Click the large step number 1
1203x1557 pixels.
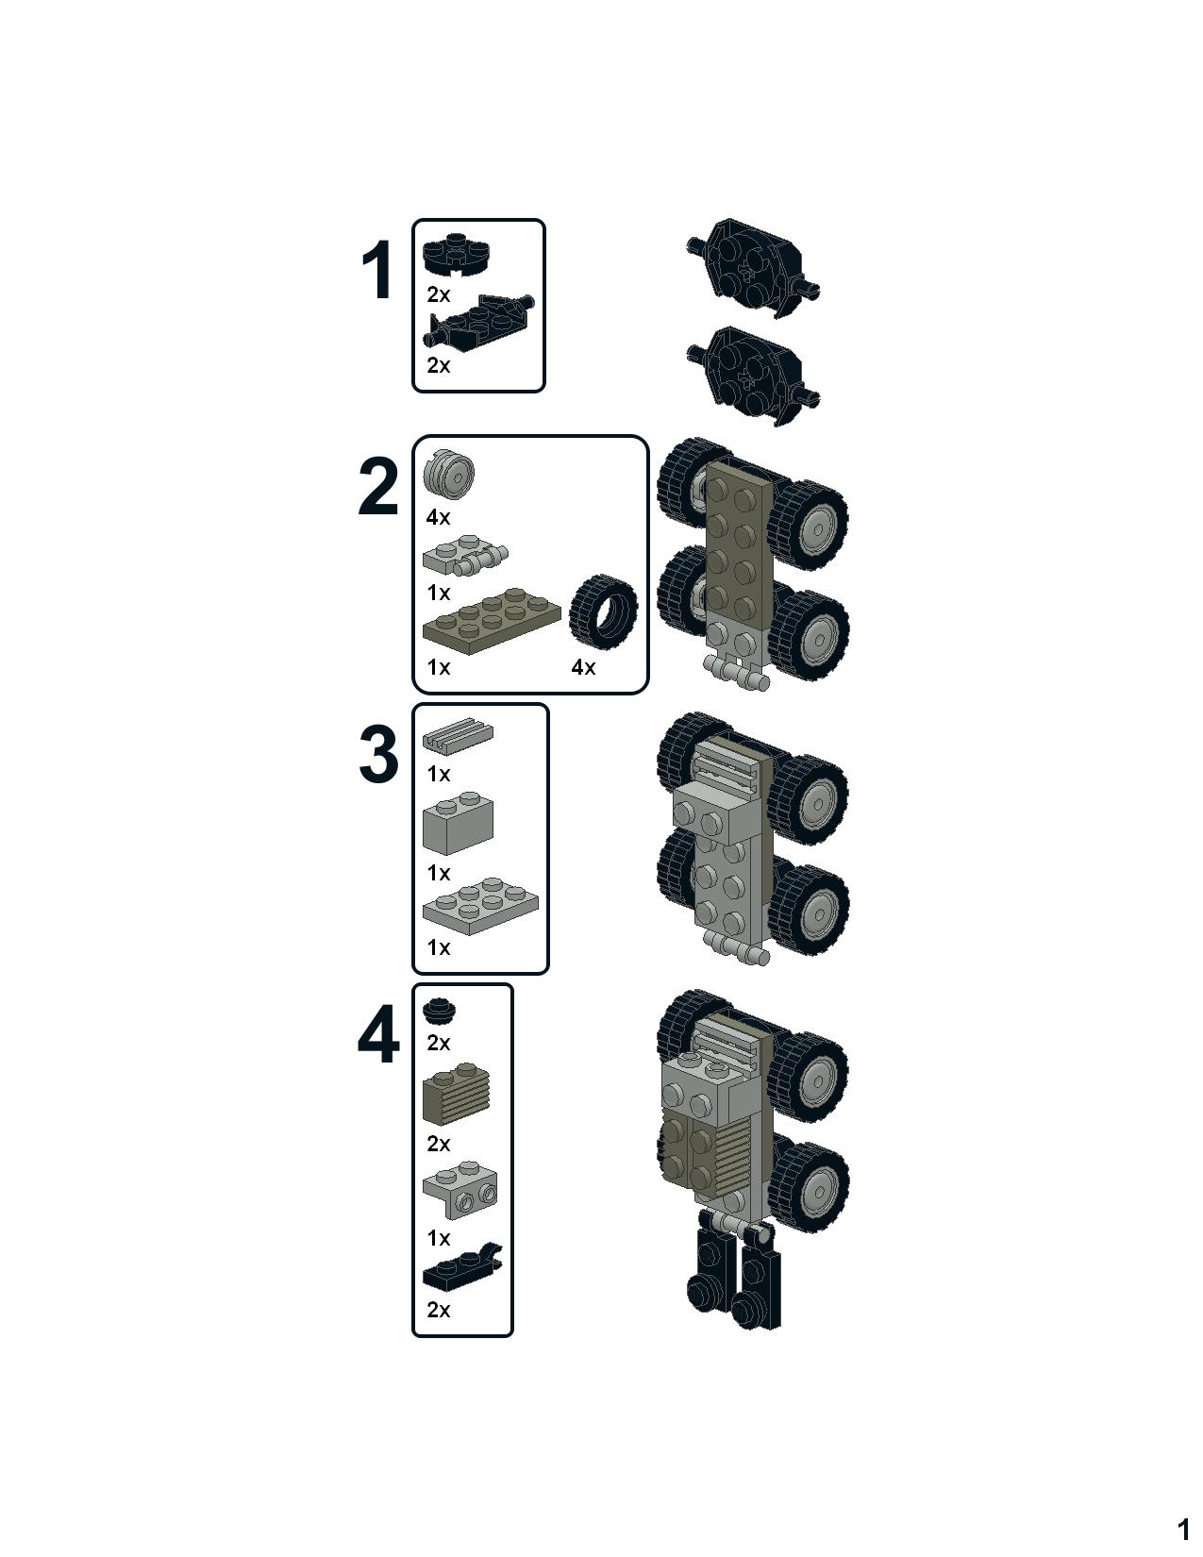(x=376, y=270)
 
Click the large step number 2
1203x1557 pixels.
(x=377, y=487)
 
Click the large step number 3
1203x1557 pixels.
(x=378, y=754)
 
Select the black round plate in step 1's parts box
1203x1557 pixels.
(x=454, y=255)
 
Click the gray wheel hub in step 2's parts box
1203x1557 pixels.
(x=449, y=473)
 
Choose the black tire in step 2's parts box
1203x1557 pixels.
(x=603, y=611)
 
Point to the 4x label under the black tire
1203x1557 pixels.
(x=583, y=668)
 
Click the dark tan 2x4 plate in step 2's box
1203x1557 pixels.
(x=491, y=621)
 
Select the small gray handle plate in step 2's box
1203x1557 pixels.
(x=465, y=556)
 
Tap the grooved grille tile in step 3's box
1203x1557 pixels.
(x=458, y=735)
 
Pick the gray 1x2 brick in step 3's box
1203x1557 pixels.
(x=458, y=823)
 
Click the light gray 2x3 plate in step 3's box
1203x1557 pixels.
(x=480, y=907)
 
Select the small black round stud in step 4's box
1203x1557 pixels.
(x=440, y=1011)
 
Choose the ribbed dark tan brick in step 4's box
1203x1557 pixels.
(x=457, y=1093)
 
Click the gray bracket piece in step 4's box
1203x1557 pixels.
(x=460, y=1192)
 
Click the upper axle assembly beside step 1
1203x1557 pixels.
(x=753, y=269)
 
